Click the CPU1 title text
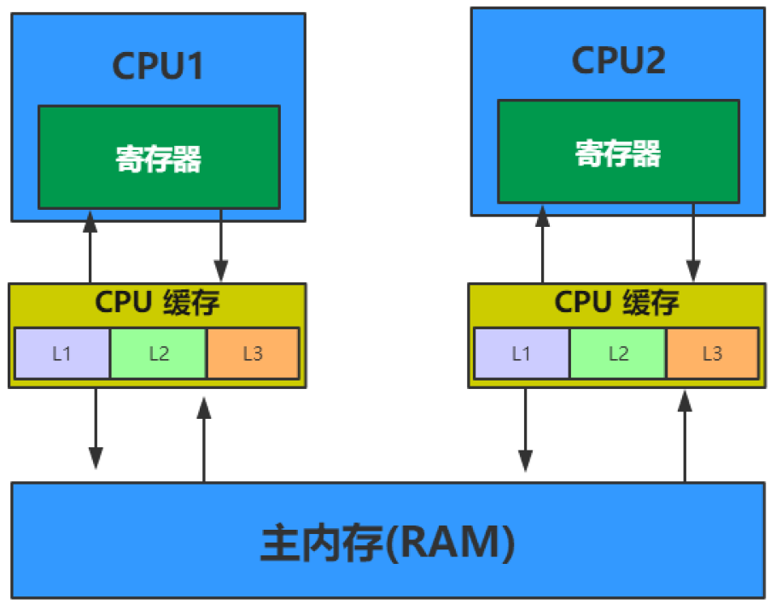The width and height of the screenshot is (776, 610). pos(158,67)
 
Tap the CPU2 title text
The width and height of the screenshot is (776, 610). pos(618,61)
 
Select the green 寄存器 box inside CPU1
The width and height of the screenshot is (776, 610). pos(159,158)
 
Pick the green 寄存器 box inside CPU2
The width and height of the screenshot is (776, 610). pos(618,153)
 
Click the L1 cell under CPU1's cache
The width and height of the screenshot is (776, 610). pos(62,353)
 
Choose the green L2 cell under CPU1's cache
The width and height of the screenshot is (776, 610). pos(159,353)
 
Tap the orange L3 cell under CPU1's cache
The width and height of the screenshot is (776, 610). pos(253,353)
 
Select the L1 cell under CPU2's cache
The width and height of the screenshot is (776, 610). pos(522,353)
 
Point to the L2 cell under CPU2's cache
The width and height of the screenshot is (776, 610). pos(618,353)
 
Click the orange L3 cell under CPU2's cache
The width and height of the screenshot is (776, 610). pos(712,353)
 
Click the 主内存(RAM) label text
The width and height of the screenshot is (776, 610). pos(388,543)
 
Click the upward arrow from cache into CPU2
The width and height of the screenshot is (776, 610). pos(542,247)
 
